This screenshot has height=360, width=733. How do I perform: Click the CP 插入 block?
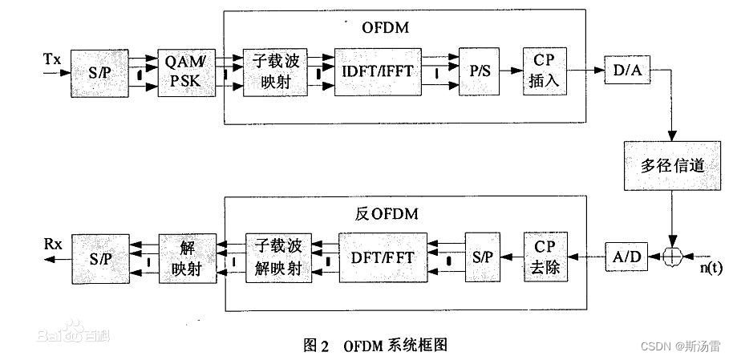point(545,71)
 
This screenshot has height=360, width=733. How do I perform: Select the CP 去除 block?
point(547,258)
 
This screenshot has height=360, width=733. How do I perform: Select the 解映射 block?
point(188,258)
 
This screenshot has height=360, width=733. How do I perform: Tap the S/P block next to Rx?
point(102,258)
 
